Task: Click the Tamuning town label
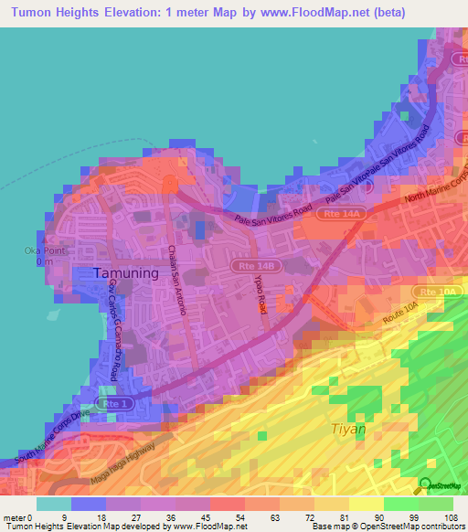click(x=127, y=272)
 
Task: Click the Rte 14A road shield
click(x=347, y=214)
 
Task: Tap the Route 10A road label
click(x=399, y=311)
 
